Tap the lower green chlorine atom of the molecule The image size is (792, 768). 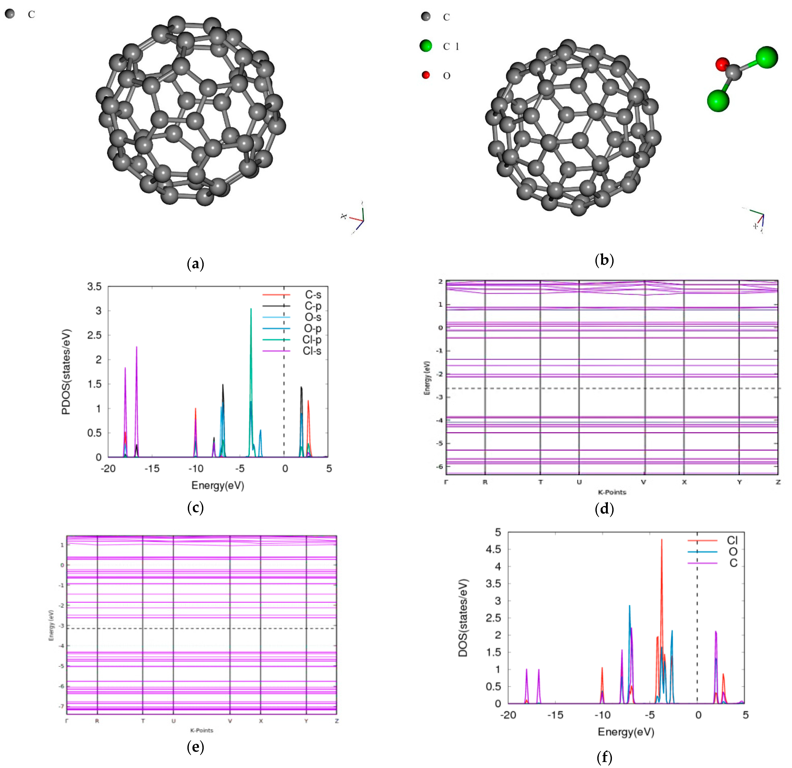[x=718, y=100]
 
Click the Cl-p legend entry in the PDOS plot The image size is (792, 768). [x=312, y=340]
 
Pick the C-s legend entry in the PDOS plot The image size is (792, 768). [x=313, y=294]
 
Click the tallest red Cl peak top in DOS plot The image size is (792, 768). [x=661, y=540]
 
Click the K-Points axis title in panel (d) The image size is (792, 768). [x=612, y=492]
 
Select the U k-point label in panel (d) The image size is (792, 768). [x=579, y=482]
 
